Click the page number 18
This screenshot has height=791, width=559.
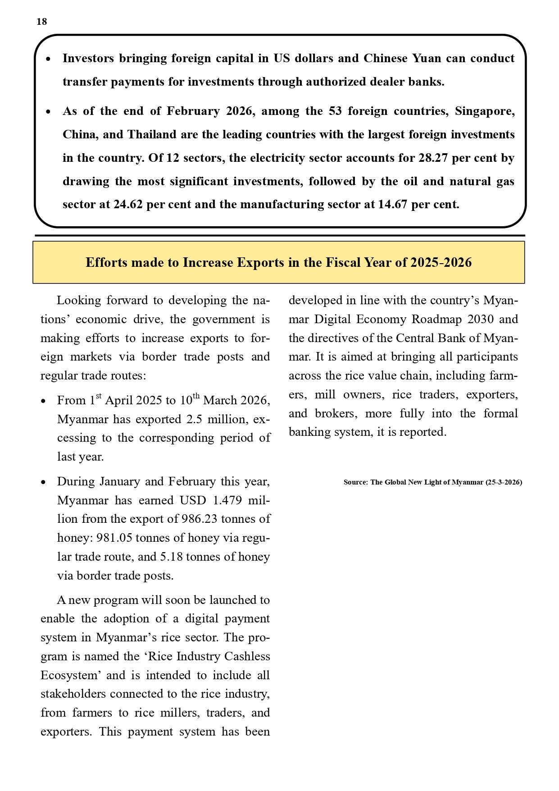click(x=41, y=22)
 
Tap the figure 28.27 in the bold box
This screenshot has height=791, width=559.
click(x=433, y=158)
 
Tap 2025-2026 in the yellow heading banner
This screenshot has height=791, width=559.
click(x=441, y=262)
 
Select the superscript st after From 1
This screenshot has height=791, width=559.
click(x=99, y=396)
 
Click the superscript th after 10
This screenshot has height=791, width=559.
click(x=196, y=396)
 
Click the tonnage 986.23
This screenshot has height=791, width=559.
click(x=199, y=519)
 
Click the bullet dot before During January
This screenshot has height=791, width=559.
click(x=43, y=482)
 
